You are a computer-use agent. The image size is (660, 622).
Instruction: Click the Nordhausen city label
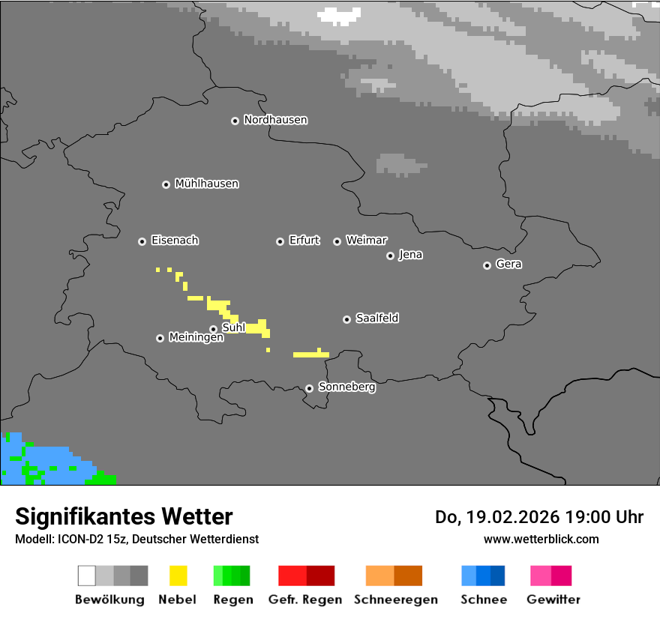pyautogui.click(x=275, y=120)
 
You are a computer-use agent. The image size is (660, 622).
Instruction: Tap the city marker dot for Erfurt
pyautogui.click(x=280, y=241)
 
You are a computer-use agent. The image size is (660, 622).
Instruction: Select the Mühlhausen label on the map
pyautogui.click(x=206, y=184)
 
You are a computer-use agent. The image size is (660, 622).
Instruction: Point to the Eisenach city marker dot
pyautogui.click(x=142, y=241)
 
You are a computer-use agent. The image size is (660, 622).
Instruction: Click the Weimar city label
pyautogui.click(x=366, y=241)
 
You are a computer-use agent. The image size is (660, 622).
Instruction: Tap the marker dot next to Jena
pyautogui.click(x=390, y=256)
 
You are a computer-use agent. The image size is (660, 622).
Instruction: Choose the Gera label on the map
pyautogui.click(x=508, y=265)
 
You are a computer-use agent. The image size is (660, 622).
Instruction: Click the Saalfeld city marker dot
pyautogui.click(x=346, y=319)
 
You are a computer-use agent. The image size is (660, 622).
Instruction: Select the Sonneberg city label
pyautogui.click(x=346, y=387)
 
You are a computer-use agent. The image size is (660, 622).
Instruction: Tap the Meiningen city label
pyautogui.click(x=196, y=338)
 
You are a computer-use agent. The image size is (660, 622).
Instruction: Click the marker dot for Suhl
pyautogui.click(x=213, y=329)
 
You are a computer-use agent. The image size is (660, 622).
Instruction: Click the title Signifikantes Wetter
pyautogui.click(x=124, y=516)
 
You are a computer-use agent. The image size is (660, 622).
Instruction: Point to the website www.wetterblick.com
pyautogui.click(x=541, y=539)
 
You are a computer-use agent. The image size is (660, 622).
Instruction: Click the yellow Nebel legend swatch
pyautogui.click(x=178, y=576)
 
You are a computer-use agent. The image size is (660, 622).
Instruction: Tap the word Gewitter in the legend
pyautogui.click(x=553, y=600)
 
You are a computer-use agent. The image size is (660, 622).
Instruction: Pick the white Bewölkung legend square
pyautogui.click(x=87, y=576)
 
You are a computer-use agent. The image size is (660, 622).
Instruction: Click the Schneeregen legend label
pyautogui.click(x=396, y=600)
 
